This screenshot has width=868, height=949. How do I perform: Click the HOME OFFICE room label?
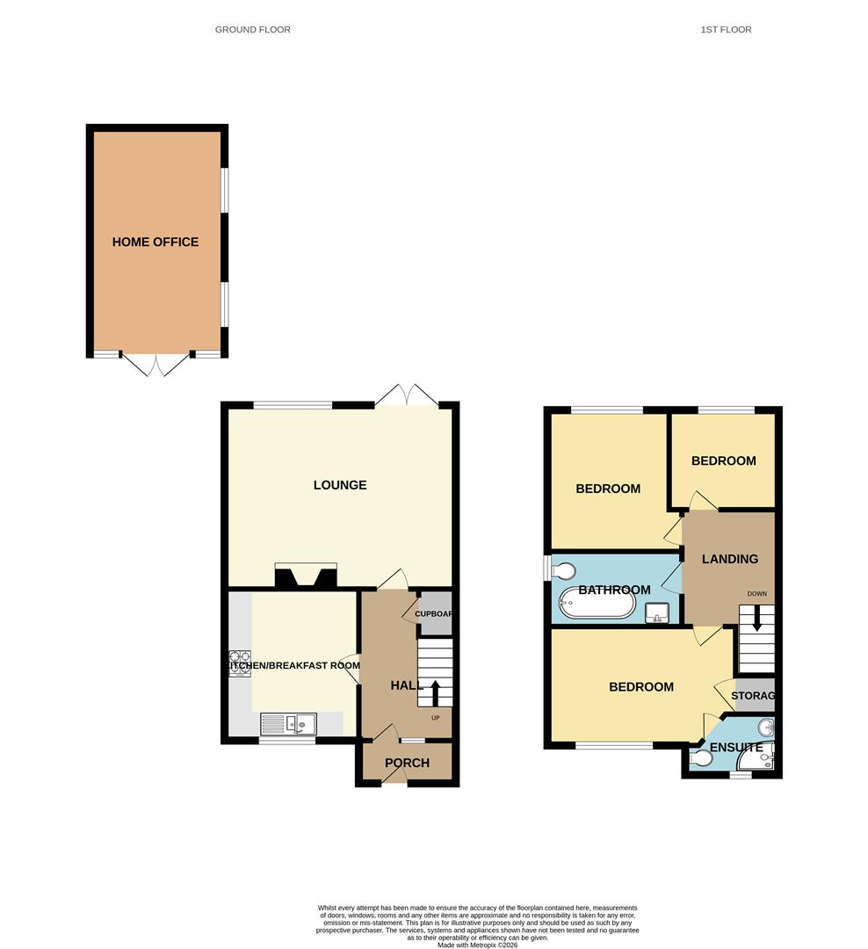[156, 242]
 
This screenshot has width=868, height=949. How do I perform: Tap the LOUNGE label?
[340, 485]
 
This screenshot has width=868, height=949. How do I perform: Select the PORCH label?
[407, 763]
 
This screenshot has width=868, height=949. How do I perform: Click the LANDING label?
[730, 559]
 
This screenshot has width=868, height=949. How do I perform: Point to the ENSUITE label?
[736, 748]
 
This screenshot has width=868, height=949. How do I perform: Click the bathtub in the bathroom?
[597, 604]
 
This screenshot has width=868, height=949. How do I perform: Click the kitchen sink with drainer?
[288, 724]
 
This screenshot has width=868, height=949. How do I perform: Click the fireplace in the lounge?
[305, 576]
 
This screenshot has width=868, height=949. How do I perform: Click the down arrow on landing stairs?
[754, 630]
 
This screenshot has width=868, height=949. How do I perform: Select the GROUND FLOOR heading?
[253, 30]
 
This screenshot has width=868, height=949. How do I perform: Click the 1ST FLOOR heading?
[726, 30]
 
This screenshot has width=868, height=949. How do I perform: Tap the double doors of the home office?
[156, 364]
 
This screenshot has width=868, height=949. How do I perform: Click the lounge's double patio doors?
[406, 395]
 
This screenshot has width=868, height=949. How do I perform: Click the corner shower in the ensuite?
[765, 757]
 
